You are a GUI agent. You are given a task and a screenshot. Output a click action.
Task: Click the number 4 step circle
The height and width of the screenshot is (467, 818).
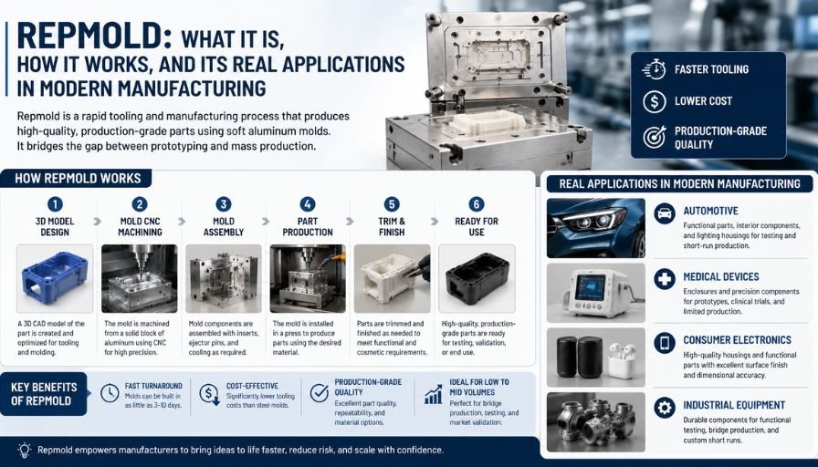point(308,204)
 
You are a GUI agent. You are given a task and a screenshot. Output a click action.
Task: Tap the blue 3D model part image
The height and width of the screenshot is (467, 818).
point(55,278)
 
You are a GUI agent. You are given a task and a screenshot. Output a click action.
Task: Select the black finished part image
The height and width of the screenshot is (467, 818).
point(477,278)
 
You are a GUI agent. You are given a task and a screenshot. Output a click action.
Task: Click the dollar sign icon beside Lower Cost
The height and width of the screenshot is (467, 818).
point(655,101)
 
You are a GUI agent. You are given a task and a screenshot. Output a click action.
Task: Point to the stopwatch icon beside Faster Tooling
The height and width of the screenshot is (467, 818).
point(654,69)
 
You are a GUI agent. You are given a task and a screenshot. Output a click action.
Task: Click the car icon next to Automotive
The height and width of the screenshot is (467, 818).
point(665,213)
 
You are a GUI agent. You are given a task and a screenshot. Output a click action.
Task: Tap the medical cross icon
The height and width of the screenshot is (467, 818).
point(665,279)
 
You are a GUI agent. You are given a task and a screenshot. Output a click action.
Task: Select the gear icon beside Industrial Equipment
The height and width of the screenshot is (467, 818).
point(665,408)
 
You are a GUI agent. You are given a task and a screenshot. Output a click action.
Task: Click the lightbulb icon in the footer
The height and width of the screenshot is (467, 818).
point(24,450)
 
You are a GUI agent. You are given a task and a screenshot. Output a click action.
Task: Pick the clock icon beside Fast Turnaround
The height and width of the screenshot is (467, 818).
point(110,393)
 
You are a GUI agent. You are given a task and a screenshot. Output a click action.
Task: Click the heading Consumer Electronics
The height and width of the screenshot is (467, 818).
point(737,340)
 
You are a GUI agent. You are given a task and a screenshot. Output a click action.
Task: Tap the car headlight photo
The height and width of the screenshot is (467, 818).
point(596,228)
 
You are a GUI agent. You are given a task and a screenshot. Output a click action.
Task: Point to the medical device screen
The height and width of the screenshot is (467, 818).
point(590,287)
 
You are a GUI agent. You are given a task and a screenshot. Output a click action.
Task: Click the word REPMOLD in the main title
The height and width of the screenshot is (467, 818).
point(90,36)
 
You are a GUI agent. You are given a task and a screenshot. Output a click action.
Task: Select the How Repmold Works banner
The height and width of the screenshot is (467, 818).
point(78,178)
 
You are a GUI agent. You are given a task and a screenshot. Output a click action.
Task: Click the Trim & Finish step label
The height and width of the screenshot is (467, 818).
point(392,227)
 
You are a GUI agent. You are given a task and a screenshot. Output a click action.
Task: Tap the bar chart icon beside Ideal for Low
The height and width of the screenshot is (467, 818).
point(434,395)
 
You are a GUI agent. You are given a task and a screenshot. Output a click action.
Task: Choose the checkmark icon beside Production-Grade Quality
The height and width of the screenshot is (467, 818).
point(320,393)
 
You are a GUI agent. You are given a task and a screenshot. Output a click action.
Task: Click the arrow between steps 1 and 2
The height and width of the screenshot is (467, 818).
point(97,222)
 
